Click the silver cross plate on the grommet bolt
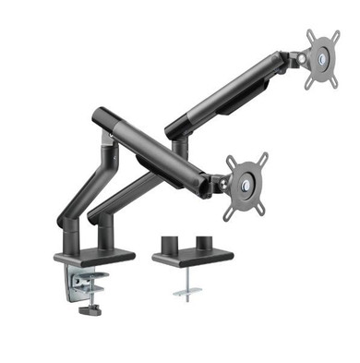tap(185, 294)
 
